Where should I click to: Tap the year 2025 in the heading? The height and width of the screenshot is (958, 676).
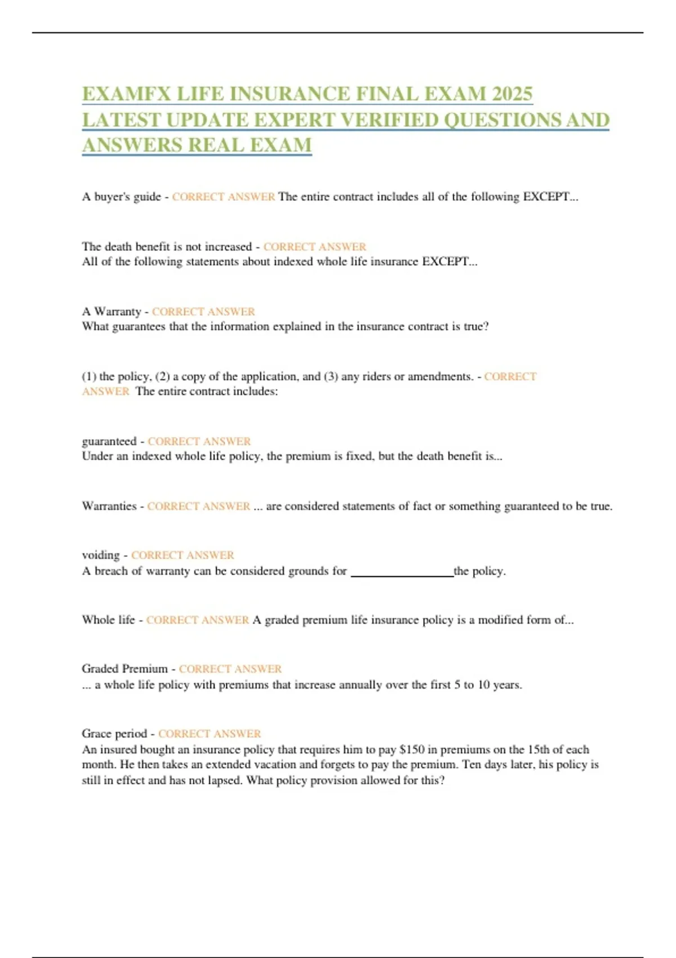point(512,94)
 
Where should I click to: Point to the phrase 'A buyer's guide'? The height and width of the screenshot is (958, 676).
point(121,197)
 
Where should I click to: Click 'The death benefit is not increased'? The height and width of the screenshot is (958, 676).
point(167,247)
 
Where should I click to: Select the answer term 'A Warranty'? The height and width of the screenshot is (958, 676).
point(112,312)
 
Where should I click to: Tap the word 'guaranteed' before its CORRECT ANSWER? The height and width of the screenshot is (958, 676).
point(109,441)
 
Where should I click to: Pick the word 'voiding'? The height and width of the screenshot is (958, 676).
point(101,555)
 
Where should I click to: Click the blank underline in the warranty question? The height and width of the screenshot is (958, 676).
point(402,574)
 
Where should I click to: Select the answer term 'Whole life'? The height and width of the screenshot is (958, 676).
point(108,620)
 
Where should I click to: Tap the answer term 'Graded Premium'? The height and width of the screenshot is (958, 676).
point(124,669)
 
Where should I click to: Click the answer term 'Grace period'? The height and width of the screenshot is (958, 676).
point(114,734)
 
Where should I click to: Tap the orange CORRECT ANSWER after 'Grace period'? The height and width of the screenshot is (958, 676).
point(210,734)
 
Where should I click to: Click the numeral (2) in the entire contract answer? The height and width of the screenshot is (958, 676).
point(162,376)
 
